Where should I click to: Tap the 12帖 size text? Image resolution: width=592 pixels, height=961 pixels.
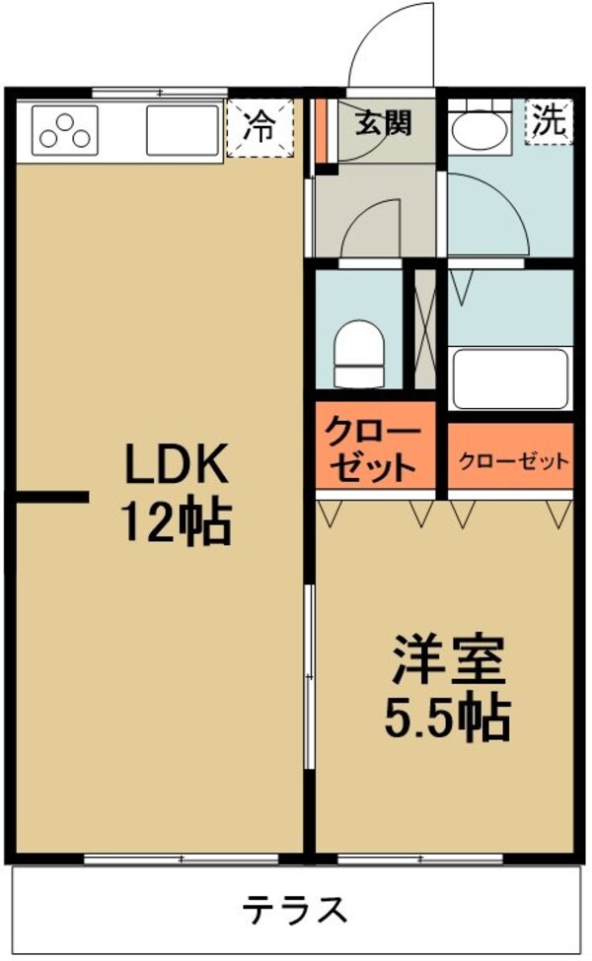coord(176,522)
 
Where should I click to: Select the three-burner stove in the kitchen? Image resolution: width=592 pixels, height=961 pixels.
coord(66,131)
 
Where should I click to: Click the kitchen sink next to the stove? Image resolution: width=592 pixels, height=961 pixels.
coord(183,131)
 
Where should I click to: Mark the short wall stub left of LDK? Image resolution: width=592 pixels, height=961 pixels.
coord(51,499)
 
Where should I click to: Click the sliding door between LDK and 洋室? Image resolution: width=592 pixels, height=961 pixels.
coord(309,675)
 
